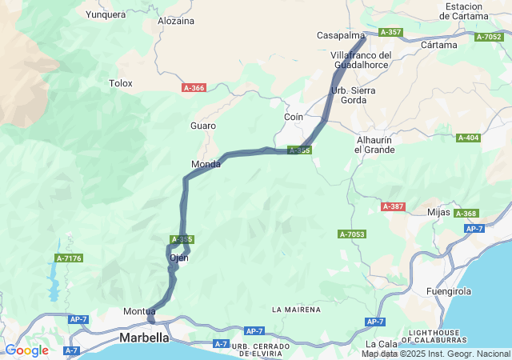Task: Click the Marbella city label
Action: [144, 338]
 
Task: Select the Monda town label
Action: [206, 164]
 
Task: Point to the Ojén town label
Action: [179, 258]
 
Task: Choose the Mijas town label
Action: [439, 212]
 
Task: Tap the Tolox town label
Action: [121, 82]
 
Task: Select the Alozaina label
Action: [176, 21]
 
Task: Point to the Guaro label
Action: [203, 126]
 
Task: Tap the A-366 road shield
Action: [194, 88]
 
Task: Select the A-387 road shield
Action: [394, 206]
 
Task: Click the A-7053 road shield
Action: [352, 234]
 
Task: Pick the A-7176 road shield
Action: [69, 258]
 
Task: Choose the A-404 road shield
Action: [468, 138]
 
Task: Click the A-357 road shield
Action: [391, 32]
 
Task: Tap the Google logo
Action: [26, 350]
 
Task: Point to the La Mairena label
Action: [296, 309]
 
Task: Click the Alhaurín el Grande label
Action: [375, 144]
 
